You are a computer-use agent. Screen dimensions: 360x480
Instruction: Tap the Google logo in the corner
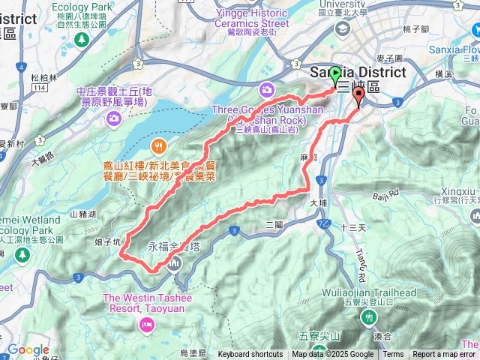click(x=28, y=349)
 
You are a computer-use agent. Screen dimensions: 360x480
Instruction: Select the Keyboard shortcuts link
click(x=250, y=355)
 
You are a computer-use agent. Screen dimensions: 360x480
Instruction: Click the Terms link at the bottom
click(x=393, y=355)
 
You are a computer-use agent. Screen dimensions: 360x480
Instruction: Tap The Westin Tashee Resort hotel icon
click(x=145, y=324)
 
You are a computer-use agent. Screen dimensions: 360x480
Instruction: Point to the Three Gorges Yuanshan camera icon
click(x=268, y=91)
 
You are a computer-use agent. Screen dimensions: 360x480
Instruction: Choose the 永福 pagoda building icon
click(x=174, y=263)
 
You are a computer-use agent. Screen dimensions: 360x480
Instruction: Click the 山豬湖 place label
click(x=83, y=214)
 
